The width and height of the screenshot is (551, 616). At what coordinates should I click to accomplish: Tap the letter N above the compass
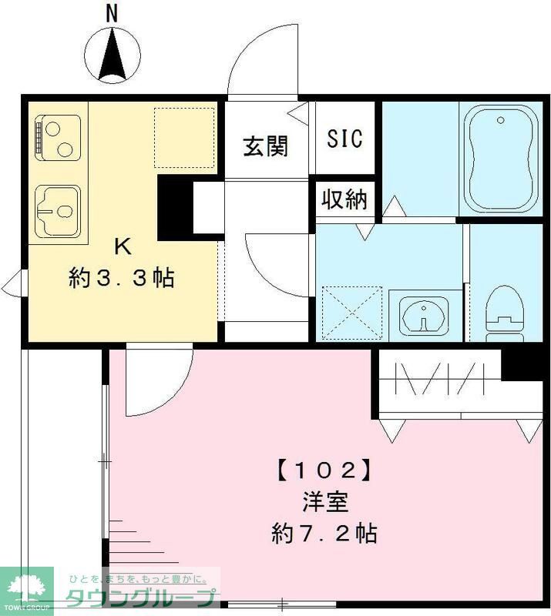(113, 13)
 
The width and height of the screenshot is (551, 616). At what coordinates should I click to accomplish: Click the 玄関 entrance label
(266, 146)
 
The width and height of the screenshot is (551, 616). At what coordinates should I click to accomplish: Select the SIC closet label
(344, 139)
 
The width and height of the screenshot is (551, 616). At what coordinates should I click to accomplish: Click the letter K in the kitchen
(121, 246)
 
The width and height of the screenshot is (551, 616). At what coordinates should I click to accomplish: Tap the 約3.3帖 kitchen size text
(121, 277)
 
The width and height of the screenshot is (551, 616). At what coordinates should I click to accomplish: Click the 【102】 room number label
(323, 468)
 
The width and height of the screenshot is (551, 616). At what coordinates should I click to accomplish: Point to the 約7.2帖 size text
(324, 533)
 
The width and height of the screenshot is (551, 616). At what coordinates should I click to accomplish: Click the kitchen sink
(59, 207)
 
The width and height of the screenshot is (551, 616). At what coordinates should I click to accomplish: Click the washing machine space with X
(351, 312)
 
